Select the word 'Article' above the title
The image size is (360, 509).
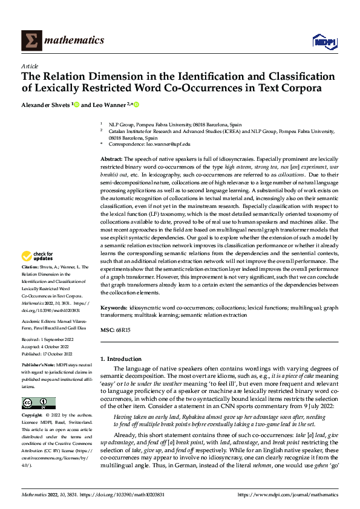[30, 66]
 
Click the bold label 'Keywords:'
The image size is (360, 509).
[114, 308]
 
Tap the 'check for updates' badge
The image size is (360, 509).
[38, 256]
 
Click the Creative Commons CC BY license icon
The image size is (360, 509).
[38, 403]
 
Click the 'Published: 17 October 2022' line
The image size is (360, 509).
[47, 354]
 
